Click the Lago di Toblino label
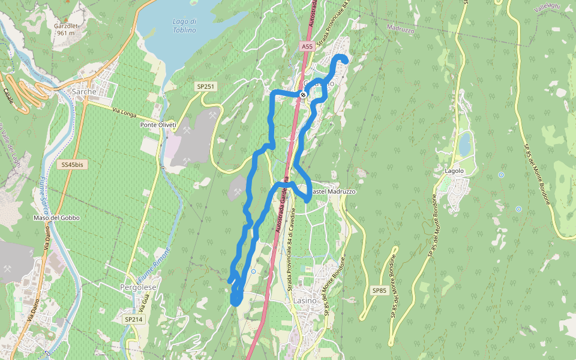pos(184,26)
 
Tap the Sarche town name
pos(84,92)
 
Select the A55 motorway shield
pos(307,46)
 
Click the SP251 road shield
pos(205,87)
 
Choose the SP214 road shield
pos(133,320)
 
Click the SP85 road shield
pos(379,291)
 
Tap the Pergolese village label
pos(138,288)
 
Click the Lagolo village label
pos(454,171)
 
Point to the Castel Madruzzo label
pos(334,191)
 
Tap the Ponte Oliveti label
pos(158,125)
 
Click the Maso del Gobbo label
pos(56,218)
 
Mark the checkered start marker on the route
pos(304,94)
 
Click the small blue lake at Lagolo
pos(464,144)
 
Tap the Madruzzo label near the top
pos(400,28)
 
